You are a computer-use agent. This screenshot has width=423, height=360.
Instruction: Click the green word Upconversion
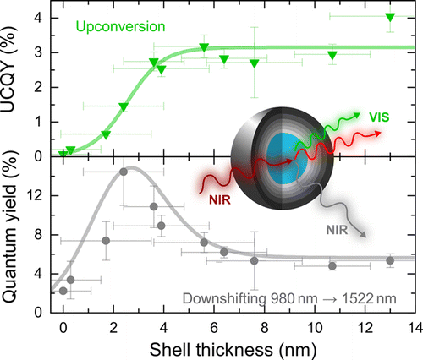tap(118, 27)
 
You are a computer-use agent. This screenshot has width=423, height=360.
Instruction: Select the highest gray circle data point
tap(124, 172)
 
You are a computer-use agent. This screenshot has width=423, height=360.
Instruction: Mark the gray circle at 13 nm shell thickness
tap(390, 260)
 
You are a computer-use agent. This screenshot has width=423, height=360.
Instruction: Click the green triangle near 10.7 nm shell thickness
tap(332, 56)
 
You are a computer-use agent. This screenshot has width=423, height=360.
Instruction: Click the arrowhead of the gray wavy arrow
tap(365, 237)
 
